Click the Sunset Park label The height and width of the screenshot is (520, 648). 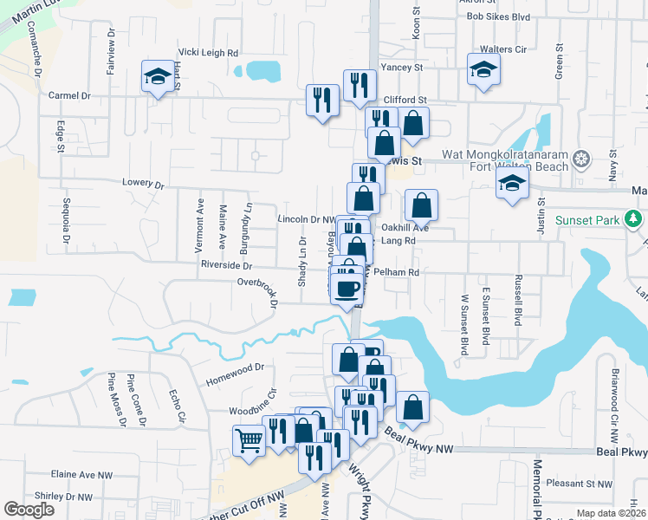click(x=587, y=220)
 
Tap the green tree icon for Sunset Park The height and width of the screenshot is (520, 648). click(x=635, y=219)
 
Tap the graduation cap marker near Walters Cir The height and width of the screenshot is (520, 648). click(x=483, y=70)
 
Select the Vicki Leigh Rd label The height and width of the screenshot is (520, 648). click(x=208, y=53)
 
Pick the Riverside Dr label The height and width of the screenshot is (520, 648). click(x=225, y=265)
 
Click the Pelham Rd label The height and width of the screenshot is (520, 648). click(x=402, y=272)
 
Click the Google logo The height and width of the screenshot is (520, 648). click(x=29, y=510)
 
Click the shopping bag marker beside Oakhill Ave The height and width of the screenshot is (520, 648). click(x=421, y=205)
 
